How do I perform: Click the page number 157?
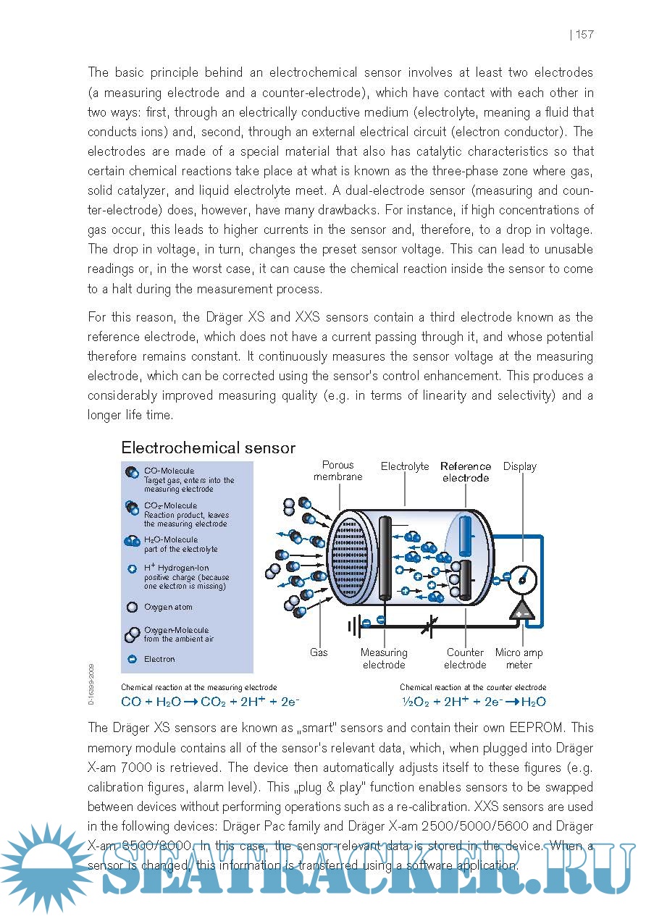point(584,35)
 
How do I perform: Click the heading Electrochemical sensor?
point(208,448)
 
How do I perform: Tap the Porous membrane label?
point(338,471)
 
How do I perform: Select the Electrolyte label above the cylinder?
point(405,467)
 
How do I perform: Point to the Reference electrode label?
point(466,472)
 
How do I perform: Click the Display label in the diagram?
point(520,466)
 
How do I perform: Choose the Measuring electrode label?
point(384,658)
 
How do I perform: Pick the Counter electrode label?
point(465,658)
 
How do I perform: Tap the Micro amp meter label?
point(519,658)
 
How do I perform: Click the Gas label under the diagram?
point(319,652)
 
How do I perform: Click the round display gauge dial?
point(521,577)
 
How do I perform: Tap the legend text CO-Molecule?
point(169,471)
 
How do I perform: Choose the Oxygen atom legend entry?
point(168,607)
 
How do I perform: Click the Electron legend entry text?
point(159,659)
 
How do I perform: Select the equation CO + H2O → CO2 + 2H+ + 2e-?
point(210,702)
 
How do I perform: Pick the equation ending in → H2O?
point(474,702)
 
